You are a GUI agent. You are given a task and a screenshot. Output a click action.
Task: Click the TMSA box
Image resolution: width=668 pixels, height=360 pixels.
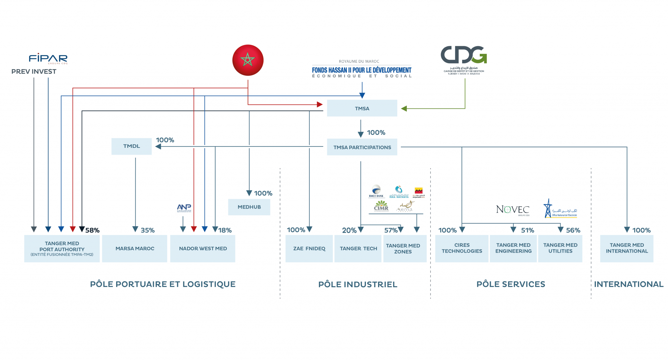[x=362, y=108]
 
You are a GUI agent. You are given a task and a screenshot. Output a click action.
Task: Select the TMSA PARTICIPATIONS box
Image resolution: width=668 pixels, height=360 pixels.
[x=362, y=147]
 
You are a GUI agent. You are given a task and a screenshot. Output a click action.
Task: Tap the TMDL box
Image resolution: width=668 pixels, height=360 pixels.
[x=131, y=146]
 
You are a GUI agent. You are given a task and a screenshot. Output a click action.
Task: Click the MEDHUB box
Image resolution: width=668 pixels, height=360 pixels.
[x=249, y=207]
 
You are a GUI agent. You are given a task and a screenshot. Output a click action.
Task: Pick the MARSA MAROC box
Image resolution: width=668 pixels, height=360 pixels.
[x=134, y=248]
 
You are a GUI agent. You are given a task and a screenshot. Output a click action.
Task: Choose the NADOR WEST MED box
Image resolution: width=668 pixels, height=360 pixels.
[x=203, y=248]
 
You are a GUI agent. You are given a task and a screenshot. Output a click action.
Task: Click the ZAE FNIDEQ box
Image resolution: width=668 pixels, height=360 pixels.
[x=309, y=248]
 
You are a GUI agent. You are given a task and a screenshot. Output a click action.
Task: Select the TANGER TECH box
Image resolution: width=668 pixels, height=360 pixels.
[x=358, y=248]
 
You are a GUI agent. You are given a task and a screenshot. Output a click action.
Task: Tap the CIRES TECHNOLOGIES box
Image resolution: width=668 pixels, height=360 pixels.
[x=462, y=248]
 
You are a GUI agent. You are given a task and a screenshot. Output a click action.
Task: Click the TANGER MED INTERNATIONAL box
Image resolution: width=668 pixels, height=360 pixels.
[x=627, y=248]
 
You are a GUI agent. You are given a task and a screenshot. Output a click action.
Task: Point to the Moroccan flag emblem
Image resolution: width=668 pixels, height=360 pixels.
[x=248, y=60]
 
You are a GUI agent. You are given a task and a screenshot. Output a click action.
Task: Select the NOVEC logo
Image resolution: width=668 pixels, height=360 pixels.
[x=512, y=210]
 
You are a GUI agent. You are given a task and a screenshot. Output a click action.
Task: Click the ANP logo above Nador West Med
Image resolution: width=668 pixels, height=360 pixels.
[x=184, y=208]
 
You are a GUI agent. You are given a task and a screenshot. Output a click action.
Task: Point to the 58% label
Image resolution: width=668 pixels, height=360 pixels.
[x=92, y=230]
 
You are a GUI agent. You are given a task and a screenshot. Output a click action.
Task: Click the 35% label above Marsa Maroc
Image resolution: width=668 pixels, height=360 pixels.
[x=147, y=230]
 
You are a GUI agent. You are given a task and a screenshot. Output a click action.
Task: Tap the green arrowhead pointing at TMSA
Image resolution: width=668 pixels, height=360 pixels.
[x=404, y=109]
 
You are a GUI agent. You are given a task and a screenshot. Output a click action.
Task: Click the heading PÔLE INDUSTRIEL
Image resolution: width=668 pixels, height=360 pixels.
[x=357, y=285]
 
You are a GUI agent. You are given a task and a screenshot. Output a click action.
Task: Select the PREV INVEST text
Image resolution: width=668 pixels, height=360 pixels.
[x=34, y=71]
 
